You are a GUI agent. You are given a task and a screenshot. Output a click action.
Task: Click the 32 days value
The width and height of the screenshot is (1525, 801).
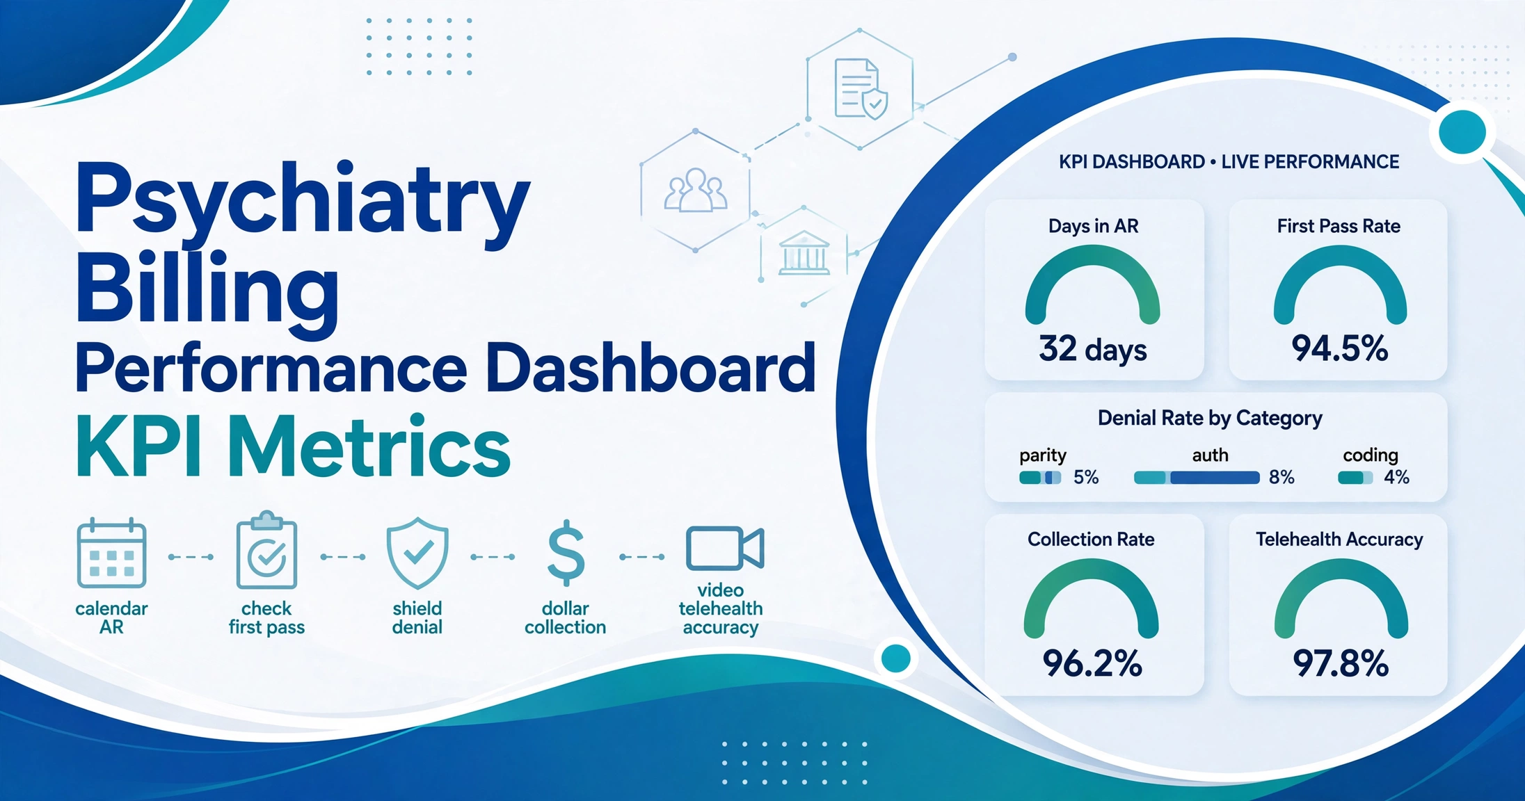(1093, 349)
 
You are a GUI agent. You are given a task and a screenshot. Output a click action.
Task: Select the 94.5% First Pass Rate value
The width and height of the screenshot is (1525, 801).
(1340, 348)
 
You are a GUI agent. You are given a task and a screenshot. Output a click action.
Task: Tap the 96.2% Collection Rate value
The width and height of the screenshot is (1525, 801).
(1092, 663)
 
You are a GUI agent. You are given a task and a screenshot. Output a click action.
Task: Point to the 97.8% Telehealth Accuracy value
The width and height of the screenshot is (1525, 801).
(1341, 663)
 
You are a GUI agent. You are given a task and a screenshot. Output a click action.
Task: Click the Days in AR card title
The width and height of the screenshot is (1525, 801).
(1093, 226)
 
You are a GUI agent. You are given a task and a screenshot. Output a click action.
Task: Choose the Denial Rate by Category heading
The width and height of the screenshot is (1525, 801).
(1210, 418)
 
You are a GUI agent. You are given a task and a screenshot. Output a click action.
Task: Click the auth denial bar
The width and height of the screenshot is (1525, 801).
(1197, 478)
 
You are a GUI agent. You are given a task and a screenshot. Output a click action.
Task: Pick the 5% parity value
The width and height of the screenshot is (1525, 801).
(1085, 478)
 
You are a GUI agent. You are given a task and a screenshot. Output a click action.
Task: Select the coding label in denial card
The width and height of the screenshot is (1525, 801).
(1370, 455)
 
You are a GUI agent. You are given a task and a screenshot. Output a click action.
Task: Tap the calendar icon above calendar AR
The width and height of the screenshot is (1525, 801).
(111, 553)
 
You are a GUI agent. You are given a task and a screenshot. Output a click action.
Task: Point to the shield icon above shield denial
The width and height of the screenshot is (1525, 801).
(417, 553)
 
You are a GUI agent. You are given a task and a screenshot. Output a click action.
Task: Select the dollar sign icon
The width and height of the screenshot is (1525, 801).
(566, 553)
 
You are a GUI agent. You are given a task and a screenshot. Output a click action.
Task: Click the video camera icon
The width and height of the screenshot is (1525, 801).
(725, 548)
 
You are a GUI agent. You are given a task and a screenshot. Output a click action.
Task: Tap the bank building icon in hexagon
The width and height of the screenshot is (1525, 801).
(804, 253)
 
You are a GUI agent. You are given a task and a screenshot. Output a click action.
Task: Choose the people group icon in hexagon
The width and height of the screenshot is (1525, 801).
(696, 190)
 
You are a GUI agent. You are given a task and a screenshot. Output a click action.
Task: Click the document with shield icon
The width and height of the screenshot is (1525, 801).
(861, 89)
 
